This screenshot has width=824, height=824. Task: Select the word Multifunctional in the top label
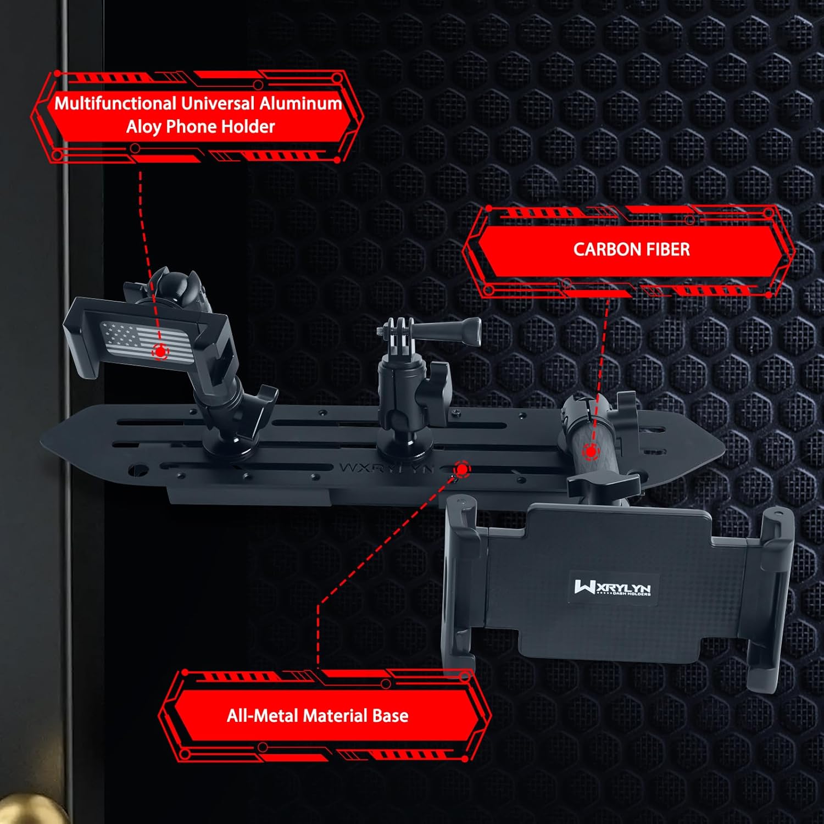point(115,103)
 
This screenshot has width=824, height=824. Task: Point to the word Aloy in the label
point(143,127)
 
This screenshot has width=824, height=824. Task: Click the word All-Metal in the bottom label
point(263,715)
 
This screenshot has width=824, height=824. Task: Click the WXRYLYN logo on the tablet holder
point(612,587)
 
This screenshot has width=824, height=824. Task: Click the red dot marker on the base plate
point(463,469)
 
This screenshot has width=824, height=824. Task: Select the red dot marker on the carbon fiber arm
point(591,452)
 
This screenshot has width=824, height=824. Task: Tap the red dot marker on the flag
point(160,350)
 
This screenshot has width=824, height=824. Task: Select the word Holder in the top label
point(247,127)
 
